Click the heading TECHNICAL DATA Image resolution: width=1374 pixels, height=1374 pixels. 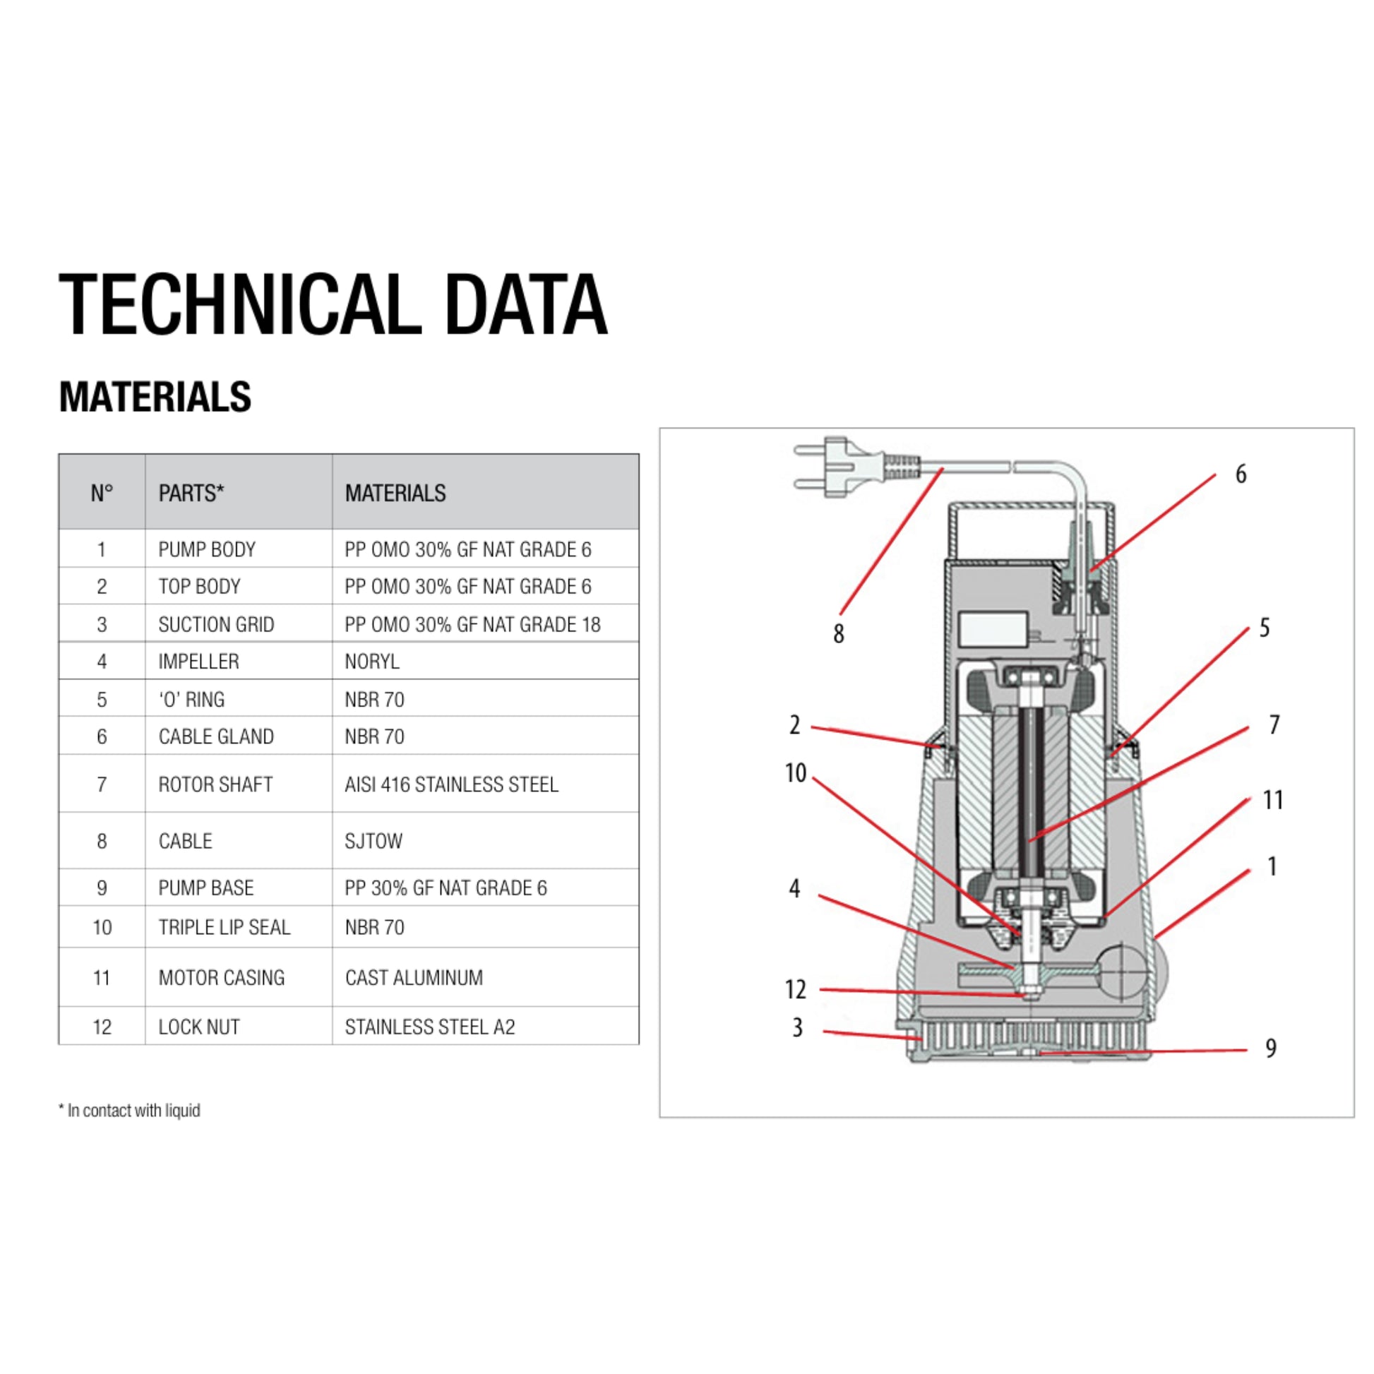click(333, 304)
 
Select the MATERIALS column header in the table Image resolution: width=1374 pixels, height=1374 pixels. click(395, 493)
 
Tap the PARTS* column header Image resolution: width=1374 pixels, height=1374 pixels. click(191, 493)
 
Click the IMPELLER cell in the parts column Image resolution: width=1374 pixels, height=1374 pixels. click(198, 662)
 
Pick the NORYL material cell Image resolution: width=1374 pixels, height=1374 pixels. click(372, 662)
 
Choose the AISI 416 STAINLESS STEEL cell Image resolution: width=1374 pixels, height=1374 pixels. click(452, 784)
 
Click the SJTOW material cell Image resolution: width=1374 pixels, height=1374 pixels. click(374, 842)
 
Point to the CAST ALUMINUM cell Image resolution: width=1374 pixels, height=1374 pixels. click(414, 978)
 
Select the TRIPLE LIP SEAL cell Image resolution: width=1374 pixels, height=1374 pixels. click(224, 927)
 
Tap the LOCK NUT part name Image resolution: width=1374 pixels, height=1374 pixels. click(199, 1027)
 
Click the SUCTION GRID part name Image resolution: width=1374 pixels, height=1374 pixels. click(216, 624)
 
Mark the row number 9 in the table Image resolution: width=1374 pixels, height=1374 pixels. click(102, 888)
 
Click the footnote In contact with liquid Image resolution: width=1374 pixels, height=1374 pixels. click(129, 1110)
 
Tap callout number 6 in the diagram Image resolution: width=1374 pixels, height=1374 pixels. click(1241, 474)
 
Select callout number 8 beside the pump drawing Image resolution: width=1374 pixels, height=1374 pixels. click(839, 633)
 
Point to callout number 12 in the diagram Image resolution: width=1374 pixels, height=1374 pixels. click(795, 989)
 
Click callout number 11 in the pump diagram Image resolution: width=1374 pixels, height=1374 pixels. click(1273, 801)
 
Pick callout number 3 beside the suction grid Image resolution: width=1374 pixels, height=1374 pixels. click(797, 1027)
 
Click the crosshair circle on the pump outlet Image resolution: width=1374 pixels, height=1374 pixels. click(1121, 971)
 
